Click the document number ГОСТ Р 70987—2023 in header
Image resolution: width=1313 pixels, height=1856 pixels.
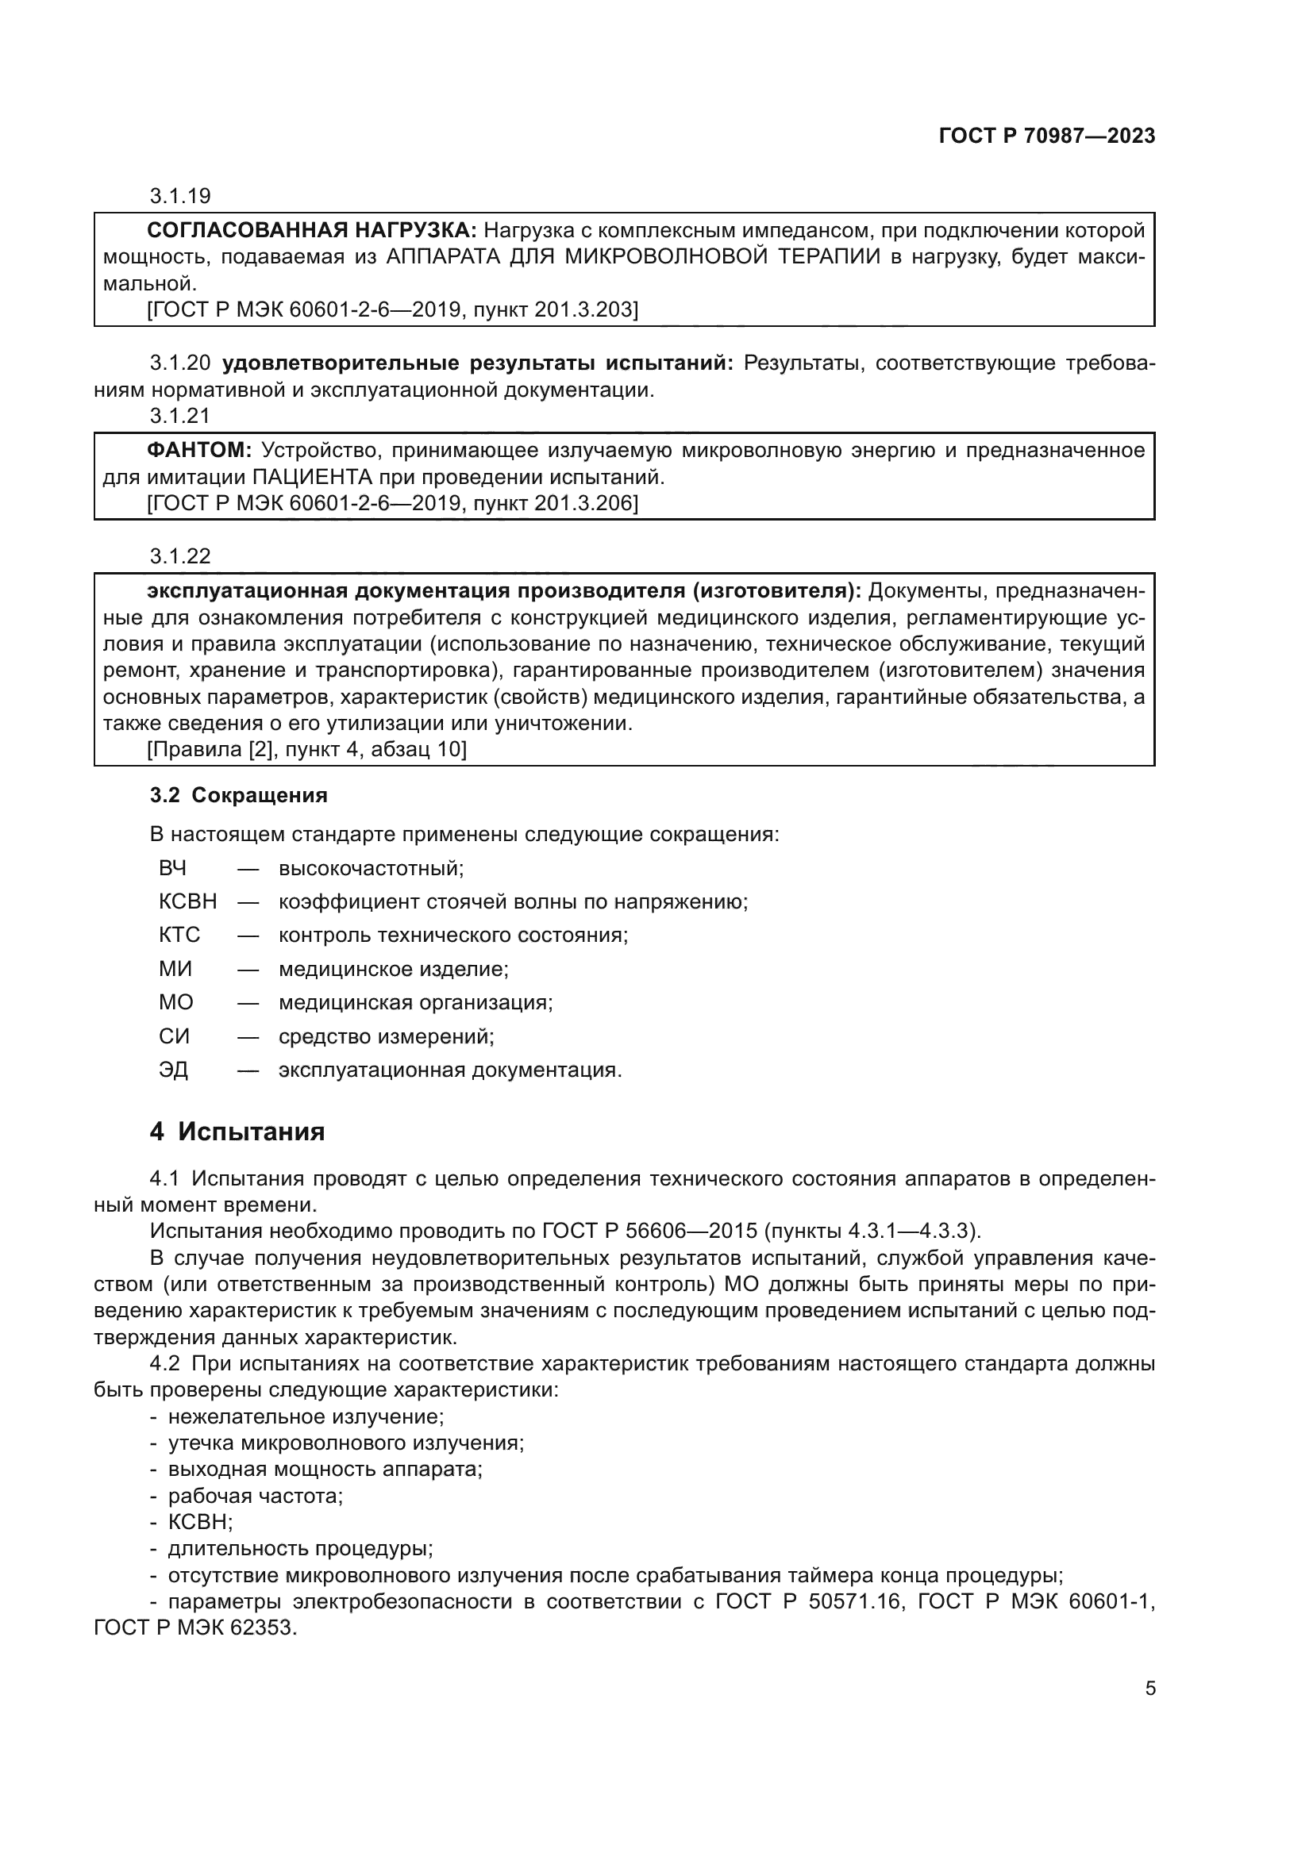click(x=1046, y=136)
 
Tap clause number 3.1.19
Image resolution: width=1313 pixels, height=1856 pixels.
click(x=179, y=196)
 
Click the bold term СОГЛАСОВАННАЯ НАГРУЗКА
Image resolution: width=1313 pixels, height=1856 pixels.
click(x=312, y=230)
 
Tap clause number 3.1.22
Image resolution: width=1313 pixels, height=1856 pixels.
click(x=179, y=556)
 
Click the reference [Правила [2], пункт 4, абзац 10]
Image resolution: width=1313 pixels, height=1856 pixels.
click(x=306, y=749)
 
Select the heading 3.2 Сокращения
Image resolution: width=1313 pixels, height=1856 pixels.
click(x=238, y=795)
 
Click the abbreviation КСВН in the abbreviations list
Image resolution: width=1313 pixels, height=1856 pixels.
click(x=187, y=901)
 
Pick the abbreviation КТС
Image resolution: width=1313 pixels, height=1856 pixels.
click(x=179, y=936)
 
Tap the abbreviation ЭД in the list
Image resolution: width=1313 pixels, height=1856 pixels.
click(x=173, y=1070)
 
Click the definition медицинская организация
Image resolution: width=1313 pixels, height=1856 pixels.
click(x=415, y=1003)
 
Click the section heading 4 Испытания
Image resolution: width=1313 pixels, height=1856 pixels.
click(x=237, y=1132)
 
